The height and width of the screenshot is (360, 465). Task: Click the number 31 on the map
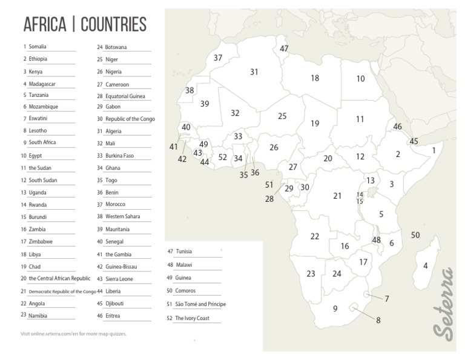pyautogui.click(x=254, y=72)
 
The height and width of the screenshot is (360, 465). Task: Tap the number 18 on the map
pyautogui.click(x=315, y=78)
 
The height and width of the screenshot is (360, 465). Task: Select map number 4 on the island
pyautogui.click(x=425, y=265)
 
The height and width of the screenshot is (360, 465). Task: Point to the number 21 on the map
pyautogui.click(x=337, y=196)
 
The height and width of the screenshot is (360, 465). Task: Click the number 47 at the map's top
pyautogui.click(x=284, y=48)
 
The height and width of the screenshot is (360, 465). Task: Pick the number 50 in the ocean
pyautogui.click(x=415, y=235)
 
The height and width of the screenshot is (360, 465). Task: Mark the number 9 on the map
pyautogui.click(x=335, y=308)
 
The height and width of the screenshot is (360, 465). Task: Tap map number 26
pyautogui.click(x=274, y=147)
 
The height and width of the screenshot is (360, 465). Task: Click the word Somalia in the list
pyautogui.click(x=38, y=47)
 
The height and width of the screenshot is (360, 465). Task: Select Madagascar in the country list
pyautogui.click(x=42, y=83)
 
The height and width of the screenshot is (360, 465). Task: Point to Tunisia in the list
pyautogui.click(x=184, y=252)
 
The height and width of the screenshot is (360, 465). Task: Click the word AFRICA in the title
pyautogui.click(x=45, y=25)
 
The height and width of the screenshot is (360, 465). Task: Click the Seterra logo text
pyautogui.click(x=443, y=302)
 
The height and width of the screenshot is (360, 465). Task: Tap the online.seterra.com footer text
pyautogui.click(x=74, y=333)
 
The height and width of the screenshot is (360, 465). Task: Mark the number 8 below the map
pyautogui.click(x=378, y=321)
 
